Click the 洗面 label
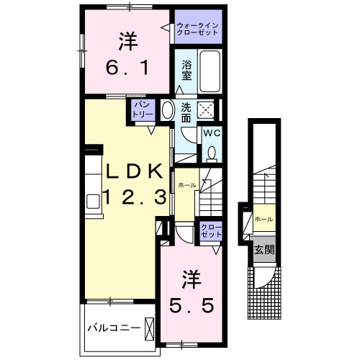186,112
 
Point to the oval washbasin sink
167,112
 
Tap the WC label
210,134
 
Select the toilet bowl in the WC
212,153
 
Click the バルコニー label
113,328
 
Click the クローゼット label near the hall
212,232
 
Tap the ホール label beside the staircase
187,185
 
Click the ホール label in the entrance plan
264,218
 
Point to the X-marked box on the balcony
149,328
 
